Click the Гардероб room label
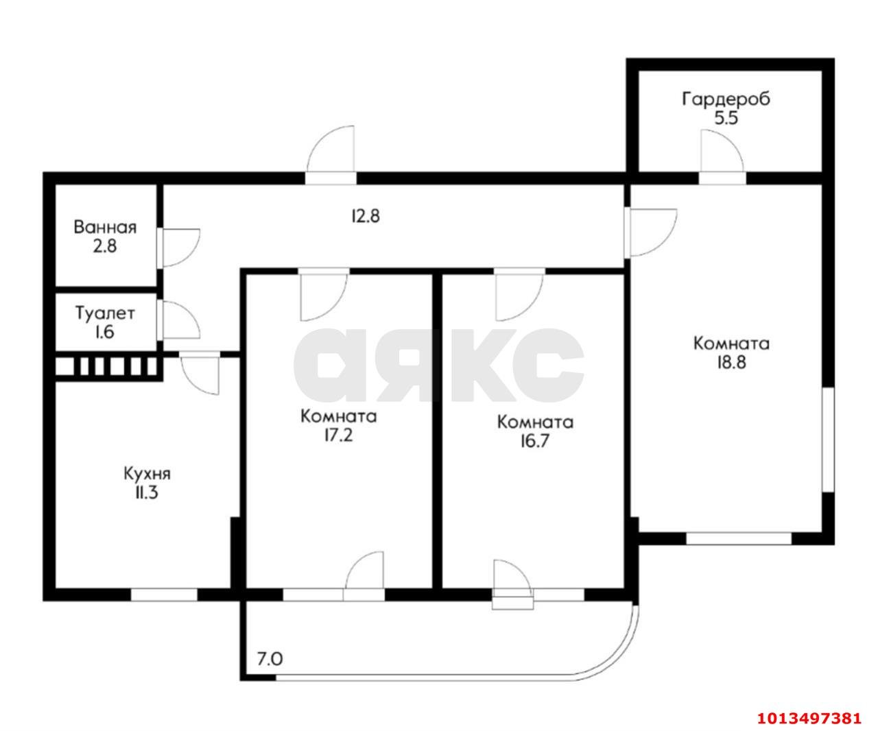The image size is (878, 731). pyautogui.click(x=726, y=99)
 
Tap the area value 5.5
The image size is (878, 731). pyautogui.click(x=726, y=118)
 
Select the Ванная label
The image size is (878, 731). pyautogui.click(x=105, y=227)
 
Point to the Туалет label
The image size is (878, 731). pyautogui.click(x=105, y=314)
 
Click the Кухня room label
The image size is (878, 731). pyautogui.click(x=147, y=473)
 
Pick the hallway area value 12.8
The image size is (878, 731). pyautogui.click(x=365, y=217)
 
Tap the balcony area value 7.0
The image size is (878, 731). pyautogui.click(x=270, y=660)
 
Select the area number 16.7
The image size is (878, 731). pyautogui.click(x=535, y=440)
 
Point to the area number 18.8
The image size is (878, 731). pyautogui.click(x=731, y=362)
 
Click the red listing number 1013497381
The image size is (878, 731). pyautogui.click(x=809, y=719)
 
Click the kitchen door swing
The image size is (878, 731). pyautogui.click(x=200, y=374)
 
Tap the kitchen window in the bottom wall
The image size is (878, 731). pyautogui.click(x=164, y=595)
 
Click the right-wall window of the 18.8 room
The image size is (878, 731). pyautogui.click(x=828, y=439)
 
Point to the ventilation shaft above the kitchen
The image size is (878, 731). pyautogui.click(x=107, y=367)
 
